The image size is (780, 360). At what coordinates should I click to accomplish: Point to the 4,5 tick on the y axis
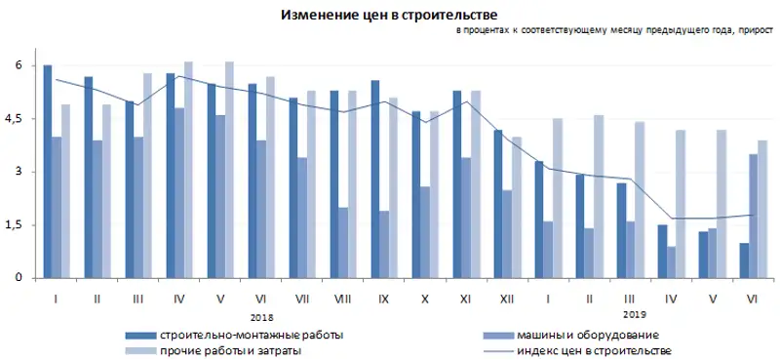click(18, 119)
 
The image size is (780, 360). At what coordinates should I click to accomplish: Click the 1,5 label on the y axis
click(18, 225)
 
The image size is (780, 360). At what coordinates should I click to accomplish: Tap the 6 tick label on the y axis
click(18, 65)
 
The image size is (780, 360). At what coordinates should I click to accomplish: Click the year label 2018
click(262, 316)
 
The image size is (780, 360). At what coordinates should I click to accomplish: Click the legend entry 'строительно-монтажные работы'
click(252, 335)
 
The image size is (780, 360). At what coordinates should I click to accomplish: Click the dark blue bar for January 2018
click(47, 172)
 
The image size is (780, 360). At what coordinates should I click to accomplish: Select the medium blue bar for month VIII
click(344, 243)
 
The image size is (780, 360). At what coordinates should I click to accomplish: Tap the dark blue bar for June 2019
click(743, 260)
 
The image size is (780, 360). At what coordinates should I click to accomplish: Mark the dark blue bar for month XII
click(498, 204)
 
